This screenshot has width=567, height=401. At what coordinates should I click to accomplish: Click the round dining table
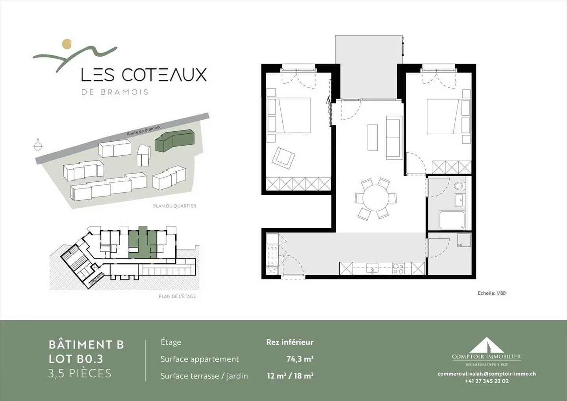coord(376,198)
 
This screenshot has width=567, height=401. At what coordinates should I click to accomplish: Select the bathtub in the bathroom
coord(452,220)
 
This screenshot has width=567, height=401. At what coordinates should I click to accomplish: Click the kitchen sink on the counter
coord(372,268)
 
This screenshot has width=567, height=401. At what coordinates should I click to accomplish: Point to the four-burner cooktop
coord(398,268)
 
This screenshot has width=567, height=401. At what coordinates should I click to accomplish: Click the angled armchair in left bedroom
coord(283,158)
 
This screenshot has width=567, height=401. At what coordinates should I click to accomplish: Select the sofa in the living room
coord(394,137)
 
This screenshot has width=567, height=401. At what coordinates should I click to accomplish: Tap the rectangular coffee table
coord(372,137)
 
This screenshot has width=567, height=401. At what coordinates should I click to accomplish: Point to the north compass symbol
coord(38,146)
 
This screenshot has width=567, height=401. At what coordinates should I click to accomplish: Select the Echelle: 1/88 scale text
coord(492,293)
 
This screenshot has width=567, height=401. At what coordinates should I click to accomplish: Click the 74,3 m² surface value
coord(300,359)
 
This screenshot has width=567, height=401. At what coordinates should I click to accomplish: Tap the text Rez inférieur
coord(289,342)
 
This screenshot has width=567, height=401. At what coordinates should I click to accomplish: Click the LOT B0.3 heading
coord(76,359)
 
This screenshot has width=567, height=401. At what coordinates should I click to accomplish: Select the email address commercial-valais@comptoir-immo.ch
coord(486,374)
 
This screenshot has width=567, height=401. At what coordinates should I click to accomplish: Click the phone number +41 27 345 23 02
coord(486,381)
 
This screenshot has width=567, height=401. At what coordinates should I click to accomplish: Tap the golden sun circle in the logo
coord(67,44)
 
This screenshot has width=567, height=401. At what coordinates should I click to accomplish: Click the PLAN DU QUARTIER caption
coord(174,206)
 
